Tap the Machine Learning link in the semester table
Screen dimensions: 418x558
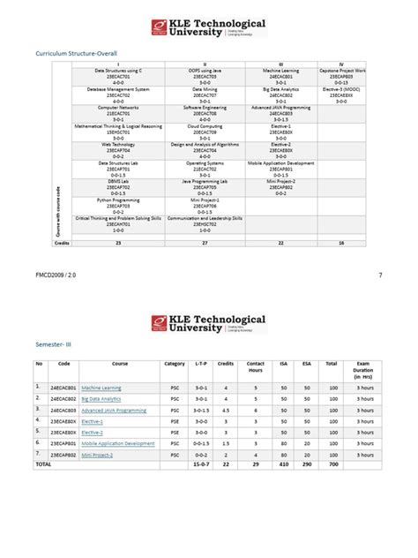(x=101, y=388)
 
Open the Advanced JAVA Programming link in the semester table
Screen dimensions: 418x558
(x=113, y=411)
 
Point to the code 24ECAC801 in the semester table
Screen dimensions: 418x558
(x=62, y=388)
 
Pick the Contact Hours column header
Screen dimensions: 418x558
(x=255, y=366)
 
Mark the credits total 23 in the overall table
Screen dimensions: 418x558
(x=118, y=242)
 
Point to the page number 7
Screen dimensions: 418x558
(x=380, y=275)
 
